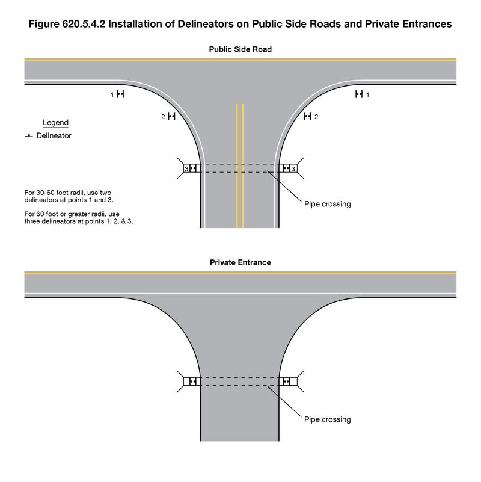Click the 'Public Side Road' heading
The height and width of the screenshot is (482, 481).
pyautogui.click(x=240, y=49)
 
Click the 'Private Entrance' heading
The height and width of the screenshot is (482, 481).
pyautogui.click(x=240, y=262)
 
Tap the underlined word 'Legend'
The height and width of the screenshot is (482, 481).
pyautogui.click(x=55, y=123)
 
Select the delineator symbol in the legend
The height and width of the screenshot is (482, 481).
pyautogui.click(x=28, y=137)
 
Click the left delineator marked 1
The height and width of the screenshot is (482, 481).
pyautogui.click(x=120, y=94)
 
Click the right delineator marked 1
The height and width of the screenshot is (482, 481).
pyautogui.click(x=359, y=94)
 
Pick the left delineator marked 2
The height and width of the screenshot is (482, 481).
pyautogui.click(x=171, y=116)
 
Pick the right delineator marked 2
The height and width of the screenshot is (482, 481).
pyautogui.click(x=308, y=116)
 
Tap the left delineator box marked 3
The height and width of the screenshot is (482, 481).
pyautogui.click(x=191, y=168)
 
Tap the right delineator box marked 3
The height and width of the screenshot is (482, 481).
pyautogui.click(x=287, y=168)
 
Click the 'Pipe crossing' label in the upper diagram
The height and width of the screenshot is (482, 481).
pyautogui.click(x=327, y=204)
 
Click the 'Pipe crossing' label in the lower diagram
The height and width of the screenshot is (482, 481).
pyautogui.click(x=327, y=419)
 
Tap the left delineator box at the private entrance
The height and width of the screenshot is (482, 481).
pyautogui.click(x=192, y=382)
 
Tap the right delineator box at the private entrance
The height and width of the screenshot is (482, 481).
pyautogui.click(x=286, y=382)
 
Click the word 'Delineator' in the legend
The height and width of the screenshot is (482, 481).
pyautogui.click(x=54, y=136)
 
